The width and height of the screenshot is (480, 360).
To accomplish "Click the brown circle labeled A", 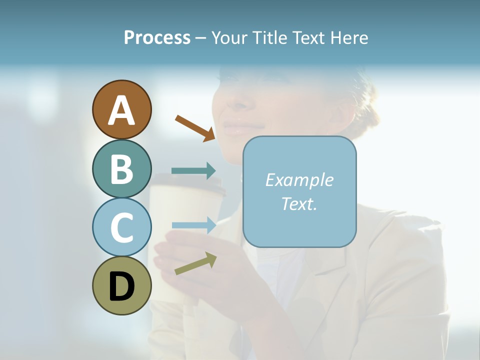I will tap(121, 109).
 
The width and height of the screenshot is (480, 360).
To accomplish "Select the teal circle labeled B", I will tap(121, 168).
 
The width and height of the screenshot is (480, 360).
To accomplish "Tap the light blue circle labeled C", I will tap(121, 227).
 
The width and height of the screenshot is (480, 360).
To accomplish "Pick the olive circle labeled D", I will tap(121, 285).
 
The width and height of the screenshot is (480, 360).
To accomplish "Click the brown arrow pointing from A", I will tap(195, 127).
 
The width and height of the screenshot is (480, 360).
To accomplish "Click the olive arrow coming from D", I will tap(195, 263).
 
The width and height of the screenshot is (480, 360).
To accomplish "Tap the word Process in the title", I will tap(157, 38).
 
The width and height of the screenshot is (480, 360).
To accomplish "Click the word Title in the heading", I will tap(269, 38).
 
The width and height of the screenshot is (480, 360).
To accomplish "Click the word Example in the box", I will tap(299, 180).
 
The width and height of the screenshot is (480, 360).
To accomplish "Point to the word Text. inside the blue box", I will tap(299, 203).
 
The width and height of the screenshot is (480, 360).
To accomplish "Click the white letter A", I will tap(121, 110).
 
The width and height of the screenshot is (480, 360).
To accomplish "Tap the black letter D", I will tap(121, 286).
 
